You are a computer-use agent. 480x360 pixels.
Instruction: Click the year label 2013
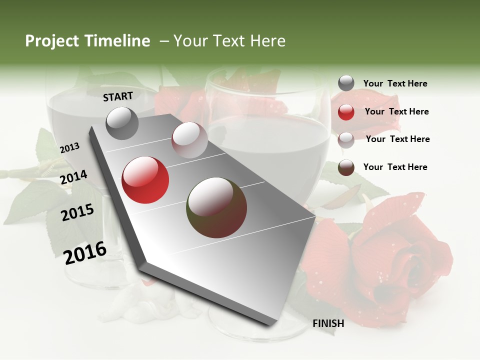pyautogui.click(x=69, y=147)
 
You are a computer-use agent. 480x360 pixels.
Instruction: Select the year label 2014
pyautogui.click(x=73, y=177)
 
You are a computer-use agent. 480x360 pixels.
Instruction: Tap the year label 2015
pyautogui.click(x=77, y=212)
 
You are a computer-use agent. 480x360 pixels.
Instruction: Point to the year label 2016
pyautogui.click(x=85, y=253)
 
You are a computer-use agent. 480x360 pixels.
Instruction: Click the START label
pyautogui.click(x=118, y=96)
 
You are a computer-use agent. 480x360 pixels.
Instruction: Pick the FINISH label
pyautogui.click(x=328, y=323)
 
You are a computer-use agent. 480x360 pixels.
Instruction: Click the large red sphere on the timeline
pyautogui.click(x=145, y=180)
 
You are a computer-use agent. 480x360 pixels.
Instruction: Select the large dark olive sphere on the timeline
pyautogui.click(x=216, y=207)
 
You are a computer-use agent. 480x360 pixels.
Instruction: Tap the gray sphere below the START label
pyautogui.click(x=122, y=123)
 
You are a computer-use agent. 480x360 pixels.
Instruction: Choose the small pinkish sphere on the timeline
pyautogui.click(x=189, y=140)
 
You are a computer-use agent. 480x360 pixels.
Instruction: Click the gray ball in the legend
pyautogui.click(x=346, y=83)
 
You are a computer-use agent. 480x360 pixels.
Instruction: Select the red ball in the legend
pyautogui.click(x=346, y=112)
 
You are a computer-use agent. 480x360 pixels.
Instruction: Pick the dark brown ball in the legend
pyautogui.click(x=346, y=167)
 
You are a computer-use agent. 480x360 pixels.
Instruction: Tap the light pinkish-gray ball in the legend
pyautogui.click(x=346, y=140)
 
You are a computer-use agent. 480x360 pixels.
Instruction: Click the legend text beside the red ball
pyautogui.click(x=396, y=111)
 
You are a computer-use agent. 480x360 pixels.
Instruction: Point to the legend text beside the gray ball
pyautogui.click(x=395, y=83)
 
